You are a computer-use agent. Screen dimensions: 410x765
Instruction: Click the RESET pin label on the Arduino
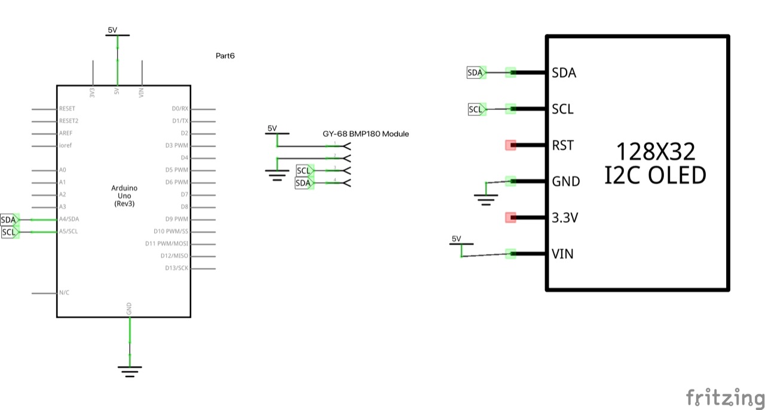tap(67, 109)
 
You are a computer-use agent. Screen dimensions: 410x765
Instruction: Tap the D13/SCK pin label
tap(177, 268)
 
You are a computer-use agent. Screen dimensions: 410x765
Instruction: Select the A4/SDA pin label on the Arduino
tap(69, 219)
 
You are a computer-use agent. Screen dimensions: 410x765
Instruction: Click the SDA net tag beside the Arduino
tap(9, 220)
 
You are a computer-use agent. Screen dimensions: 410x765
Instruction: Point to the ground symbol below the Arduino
tap(129, 371)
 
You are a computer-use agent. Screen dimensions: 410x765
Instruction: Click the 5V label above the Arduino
tap(113, 30)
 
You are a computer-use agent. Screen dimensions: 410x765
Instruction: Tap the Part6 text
tap(225, 56)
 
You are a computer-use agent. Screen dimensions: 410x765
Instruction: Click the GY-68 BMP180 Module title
tap(365, 134)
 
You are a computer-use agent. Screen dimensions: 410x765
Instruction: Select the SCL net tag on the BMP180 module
tap(304, 172)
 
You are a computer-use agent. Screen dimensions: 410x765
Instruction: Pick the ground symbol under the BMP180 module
tap(276, 175)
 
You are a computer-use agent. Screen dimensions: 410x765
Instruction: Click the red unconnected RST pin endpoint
tap(510, 145)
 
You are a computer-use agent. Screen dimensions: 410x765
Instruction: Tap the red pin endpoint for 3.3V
tap(510, 218)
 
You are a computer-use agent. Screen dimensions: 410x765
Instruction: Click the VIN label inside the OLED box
tap(562, 254)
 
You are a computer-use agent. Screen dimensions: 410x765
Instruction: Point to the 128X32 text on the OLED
tap(656, 152)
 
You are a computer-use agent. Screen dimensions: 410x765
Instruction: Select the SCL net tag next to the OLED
tap(476, 109)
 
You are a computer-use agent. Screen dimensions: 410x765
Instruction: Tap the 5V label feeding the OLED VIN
tap(457, 238)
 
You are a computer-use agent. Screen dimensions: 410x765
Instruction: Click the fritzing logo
tap(725, 397)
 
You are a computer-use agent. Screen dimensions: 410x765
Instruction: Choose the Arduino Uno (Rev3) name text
tap(124, 196)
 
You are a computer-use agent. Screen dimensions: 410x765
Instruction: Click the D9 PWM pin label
tap(177, 219)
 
